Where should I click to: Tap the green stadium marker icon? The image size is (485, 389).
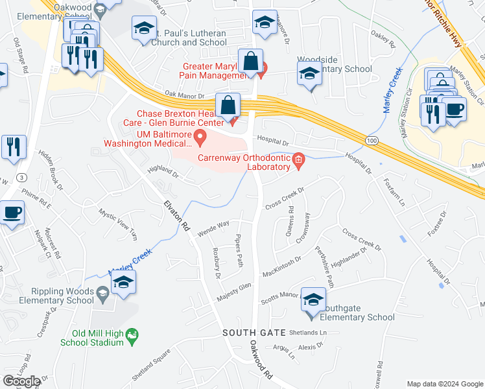(x=132, y=336)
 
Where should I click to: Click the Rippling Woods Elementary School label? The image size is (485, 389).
(x=47, y=295)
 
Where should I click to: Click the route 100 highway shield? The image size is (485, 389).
(x=370, y=140)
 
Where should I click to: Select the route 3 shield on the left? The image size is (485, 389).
(x=22, y=177)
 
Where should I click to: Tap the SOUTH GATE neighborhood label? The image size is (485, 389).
(x=254, y=332)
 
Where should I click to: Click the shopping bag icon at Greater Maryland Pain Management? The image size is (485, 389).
(x=250, y=62)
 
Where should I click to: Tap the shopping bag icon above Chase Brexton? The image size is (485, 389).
(x=228, y=105)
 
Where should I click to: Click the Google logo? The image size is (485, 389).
(x=22, y=381)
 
